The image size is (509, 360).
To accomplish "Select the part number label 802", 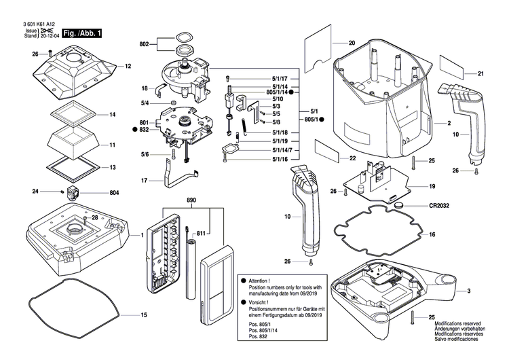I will [144, 43].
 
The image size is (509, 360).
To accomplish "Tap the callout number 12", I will [127, 67].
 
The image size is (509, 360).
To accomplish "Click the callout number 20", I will [352, 43].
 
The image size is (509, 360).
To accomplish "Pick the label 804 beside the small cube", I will [114, 193].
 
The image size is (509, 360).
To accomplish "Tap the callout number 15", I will [144, 315].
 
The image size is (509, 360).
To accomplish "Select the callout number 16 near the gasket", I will [431, 234].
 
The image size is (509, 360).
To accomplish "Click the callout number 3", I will [468, 291].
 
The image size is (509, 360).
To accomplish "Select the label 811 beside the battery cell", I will [201, 234].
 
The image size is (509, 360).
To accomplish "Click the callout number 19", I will [432, 185].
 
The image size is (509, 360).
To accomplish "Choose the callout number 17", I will [144, 181].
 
